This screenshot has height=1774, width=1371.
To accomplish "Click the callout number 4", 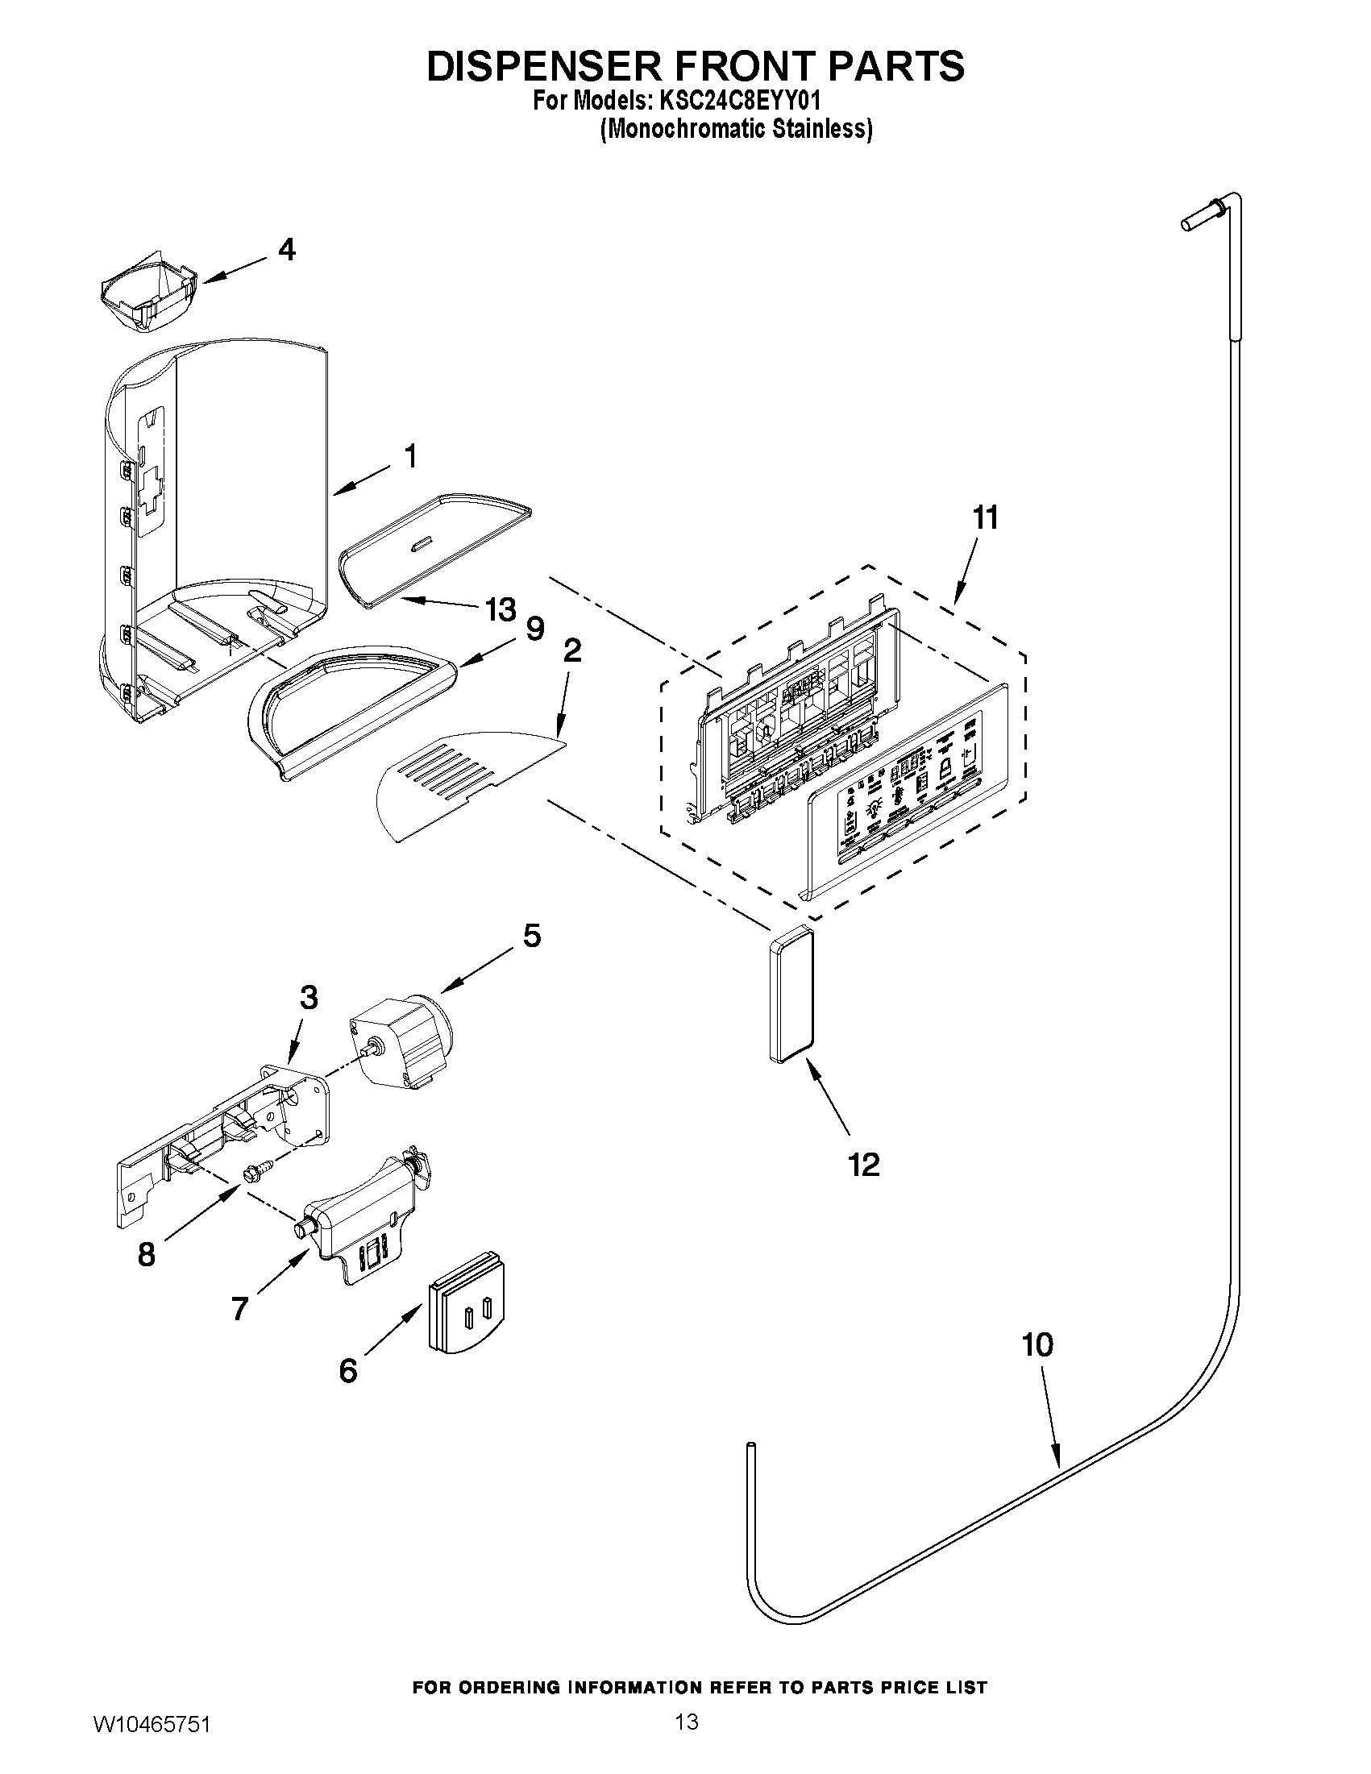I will click(287, 249).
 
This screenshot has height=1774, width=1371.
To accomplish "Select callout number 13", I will click(501, 609).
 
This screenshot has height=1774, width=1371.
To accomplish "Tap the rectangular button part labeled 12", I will click(790, 994).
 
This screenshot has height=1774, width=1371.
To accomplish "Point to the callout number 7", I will click(239, 1309).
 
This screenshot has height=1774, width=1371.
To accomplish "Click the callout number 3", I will click(308, 998).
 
